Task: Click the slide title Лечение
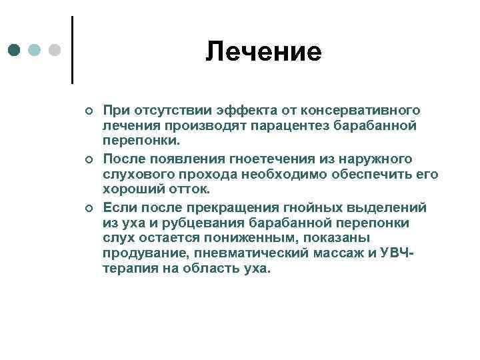click(263, 51)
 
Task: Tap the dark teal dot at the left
click(15, 51)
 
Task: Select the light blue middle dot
click(35, 51)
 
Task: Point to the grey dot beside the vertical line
click(55, 51)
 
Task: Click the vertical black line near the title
click(72, 50)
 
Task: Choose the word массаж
click(337, 254)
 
